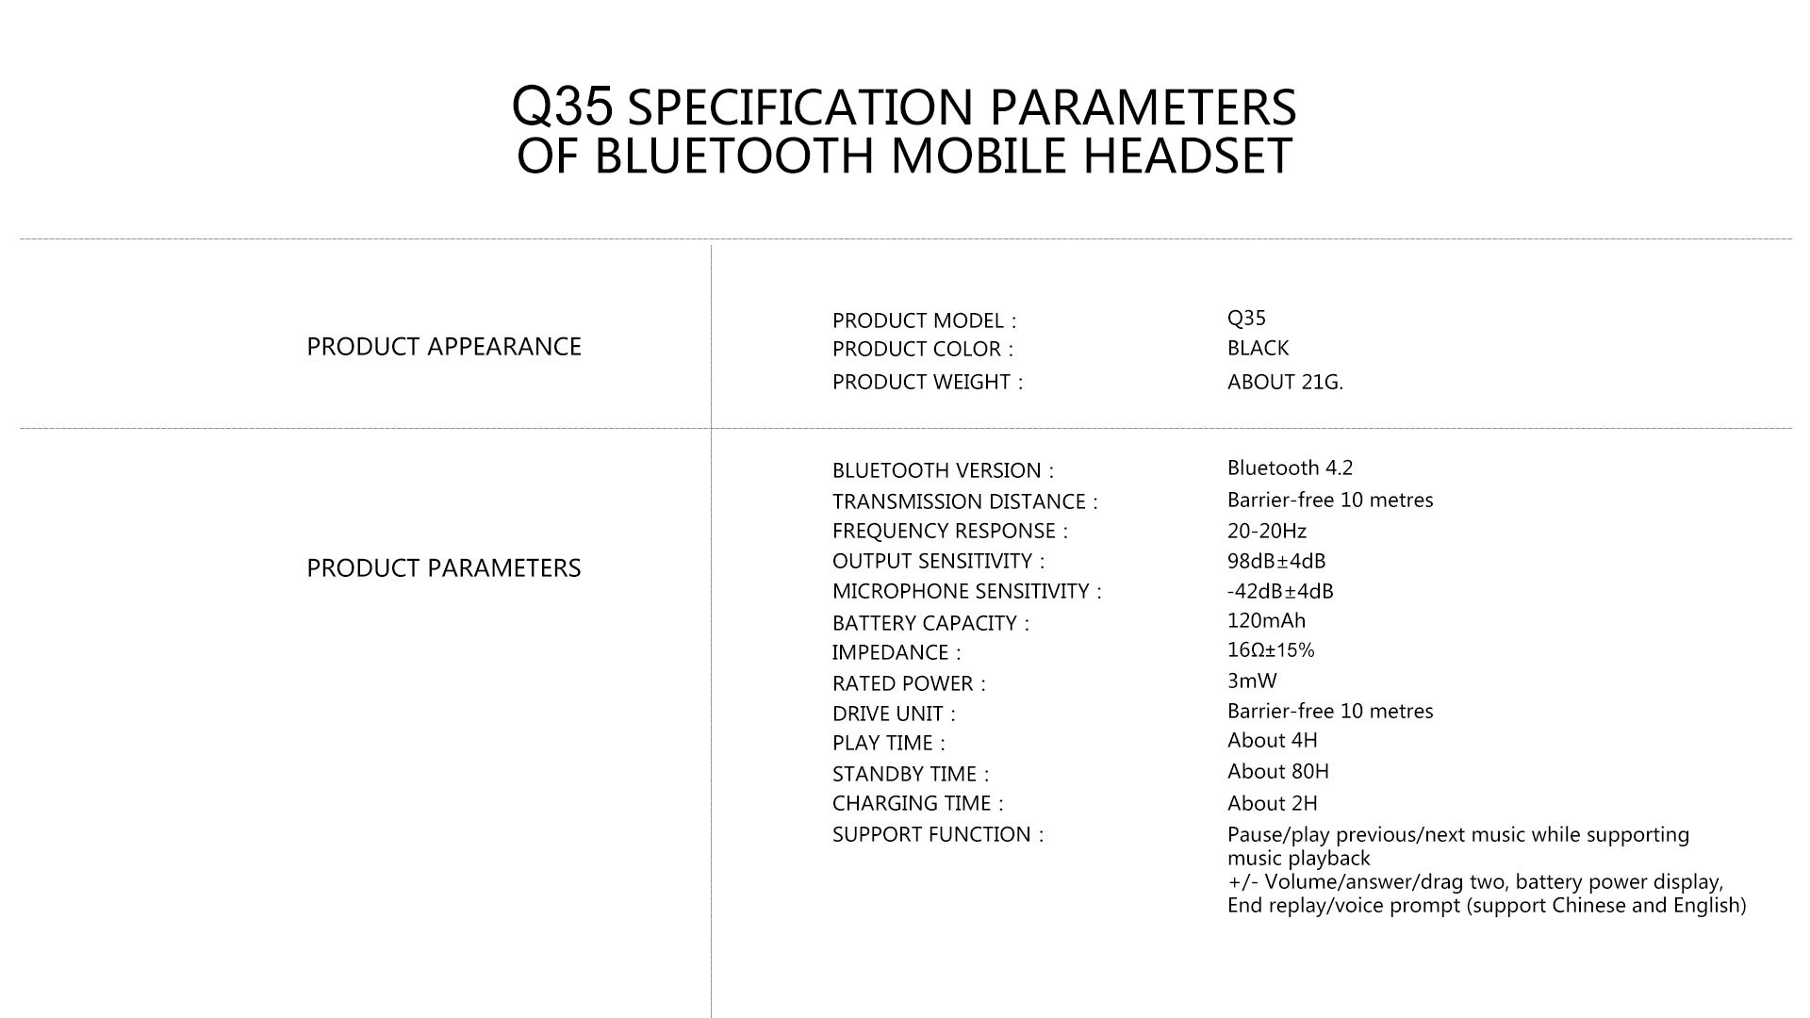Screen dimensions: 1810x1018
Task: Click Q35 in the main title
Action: (x=563, y=106)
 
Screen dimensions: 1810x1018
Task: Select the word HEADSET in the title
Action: (x=1187, y=156)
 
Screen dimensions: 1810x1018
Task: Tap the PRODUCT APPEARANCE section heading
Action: (x=444, y=347)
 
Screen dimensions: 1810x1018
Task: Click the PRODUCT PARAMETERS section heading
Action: (x=444, y=568)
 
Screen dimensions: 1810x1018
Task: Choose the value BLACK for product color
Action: (x=1258, y=348)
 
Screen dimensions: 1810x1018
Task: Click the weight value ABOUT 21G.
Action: (x=1285, y=382)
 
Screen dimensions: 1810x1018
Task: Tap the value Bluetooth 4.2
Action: (x=1290, y=468)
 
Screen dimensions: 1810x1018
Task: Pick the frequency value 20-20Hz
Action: (x=1267, y=531)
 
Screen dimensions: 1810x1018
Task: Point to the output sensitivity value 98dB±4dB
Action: (x=1276, y=561)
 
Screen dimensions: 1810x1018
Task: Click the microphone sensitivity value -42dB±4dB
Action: (x=1280, y=591)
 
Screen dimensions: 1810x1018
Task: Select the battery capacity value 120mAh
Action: (x=1266, y=620)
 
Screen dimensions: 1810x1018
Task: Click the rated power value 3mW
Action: (x=1252, y=681)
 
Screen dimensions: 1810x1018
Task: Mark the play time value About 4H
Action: (x=1273, y=740)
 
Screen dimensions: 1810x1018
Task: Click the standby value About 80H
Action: (x=1278, y=771)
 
